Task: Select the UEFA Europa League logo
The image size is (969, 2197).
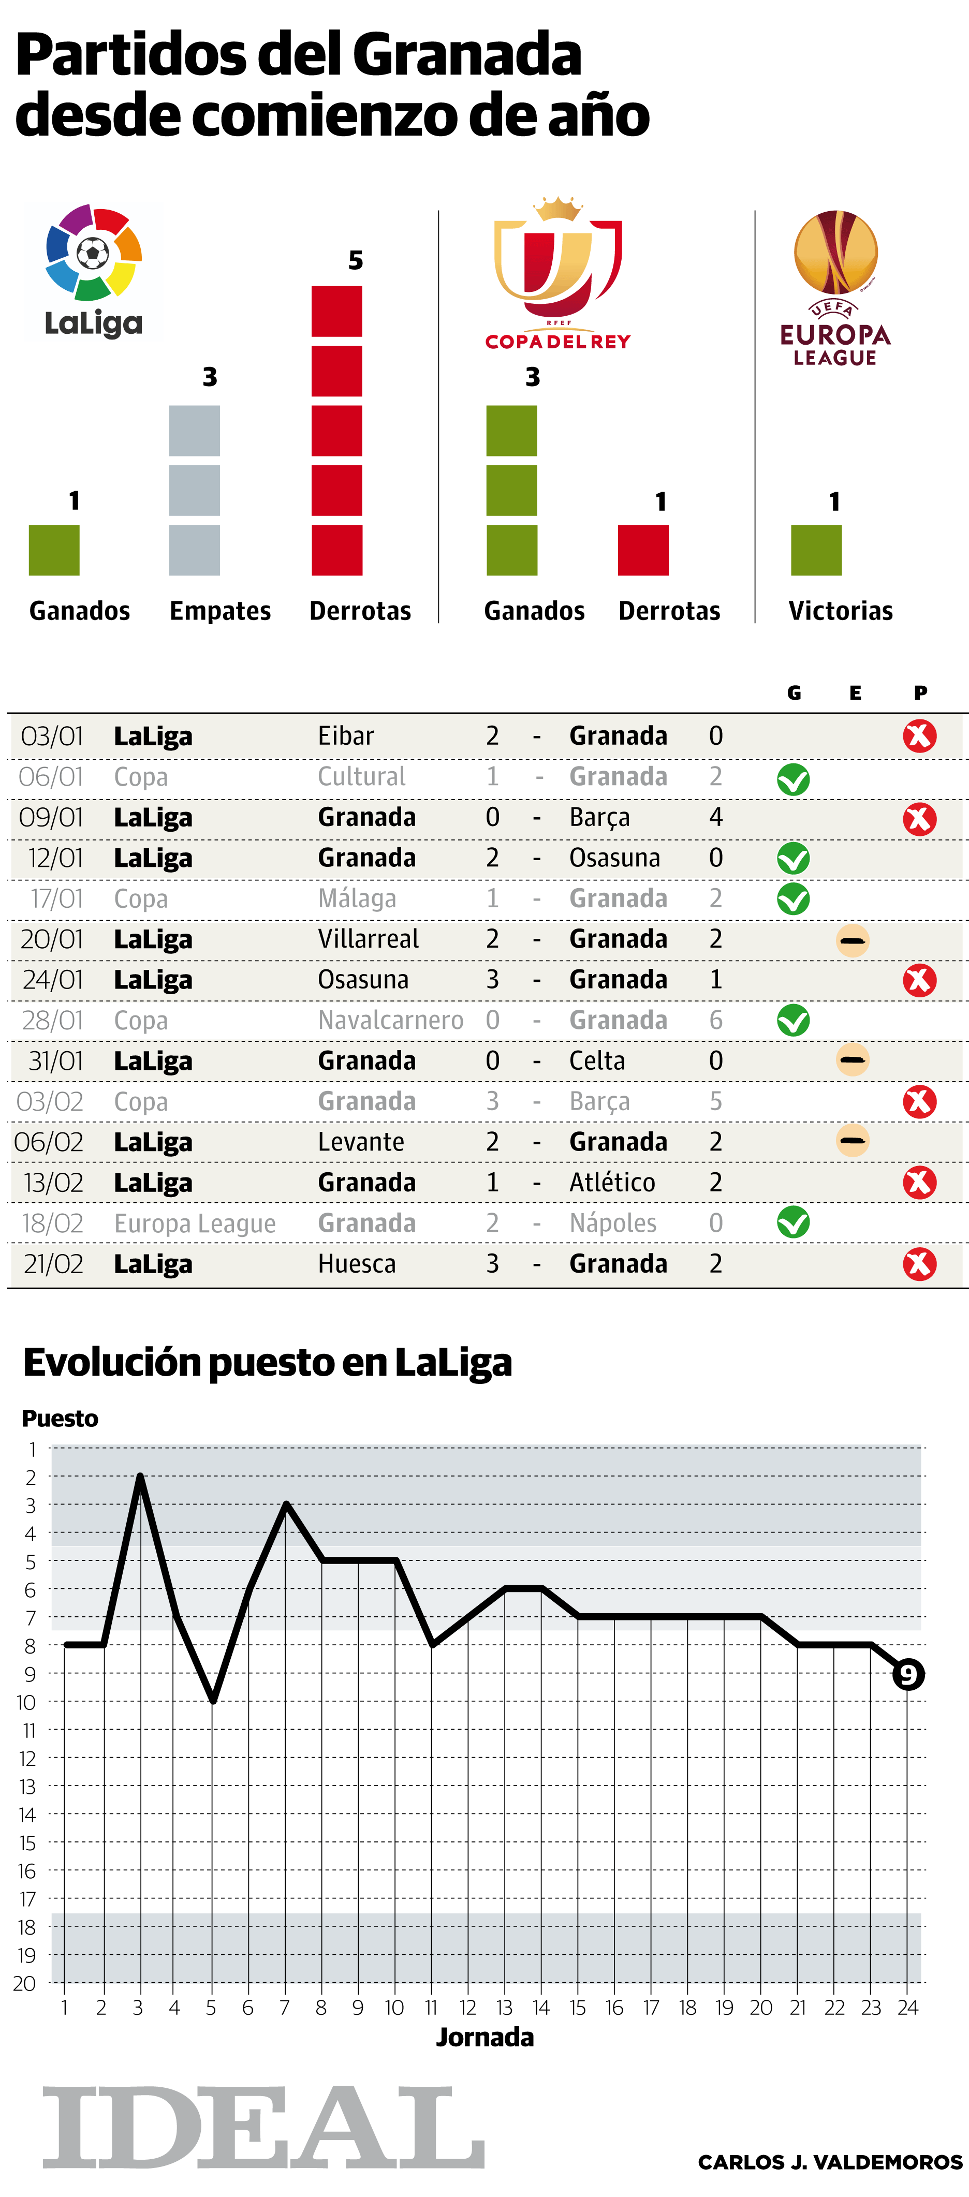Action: (x=835, y=287)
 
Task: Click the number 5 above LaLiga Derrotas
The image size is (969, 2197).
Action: (x=355, y=260)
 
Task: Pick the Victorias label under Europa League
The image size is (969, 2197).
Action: (x=840, y=611)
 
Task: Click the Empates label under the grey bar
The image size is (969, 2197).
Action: (x=220, y=611)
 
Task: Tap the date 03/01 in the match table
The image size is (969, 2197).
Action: (x=52, y=735)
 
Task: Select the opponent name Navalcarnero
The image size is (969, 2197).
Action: (x=391, y=1020)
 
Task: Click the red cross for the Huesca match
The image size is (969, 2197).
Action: (x=919, y=1264)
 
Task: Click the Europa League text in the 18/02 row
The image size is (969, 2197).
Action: (x=195, y=1223)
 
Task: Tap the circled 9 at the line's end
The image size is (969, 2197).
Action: (x=907, y=1674)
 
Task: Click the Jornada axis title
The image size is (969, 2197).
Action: (x=485, y=2038)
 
